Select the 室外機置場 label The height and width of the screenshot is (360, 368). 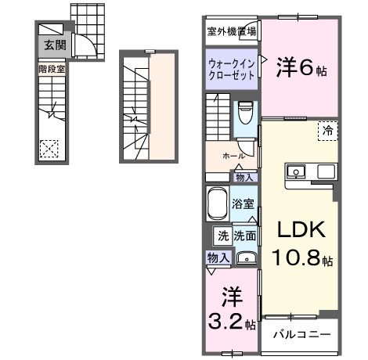click(x=232, y=32)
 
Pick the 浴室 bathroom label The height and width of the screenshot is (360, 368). click(x=243, y=204)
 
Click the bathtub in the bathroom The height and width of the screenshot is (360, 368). click(x=218, y=205)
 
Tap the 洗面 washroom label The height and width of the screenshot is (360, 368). click(x=245, y=235)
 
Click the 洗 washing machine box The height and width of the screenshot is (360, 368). click(x=222, y=235)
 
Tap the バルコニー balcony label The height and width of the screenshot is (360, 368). click(x=301, y=335)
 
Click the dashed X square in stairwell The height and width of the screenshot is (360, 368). click(x=49, y=147)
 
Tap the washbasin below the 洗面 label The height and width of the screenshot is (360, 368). click(x=246, y=257)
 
